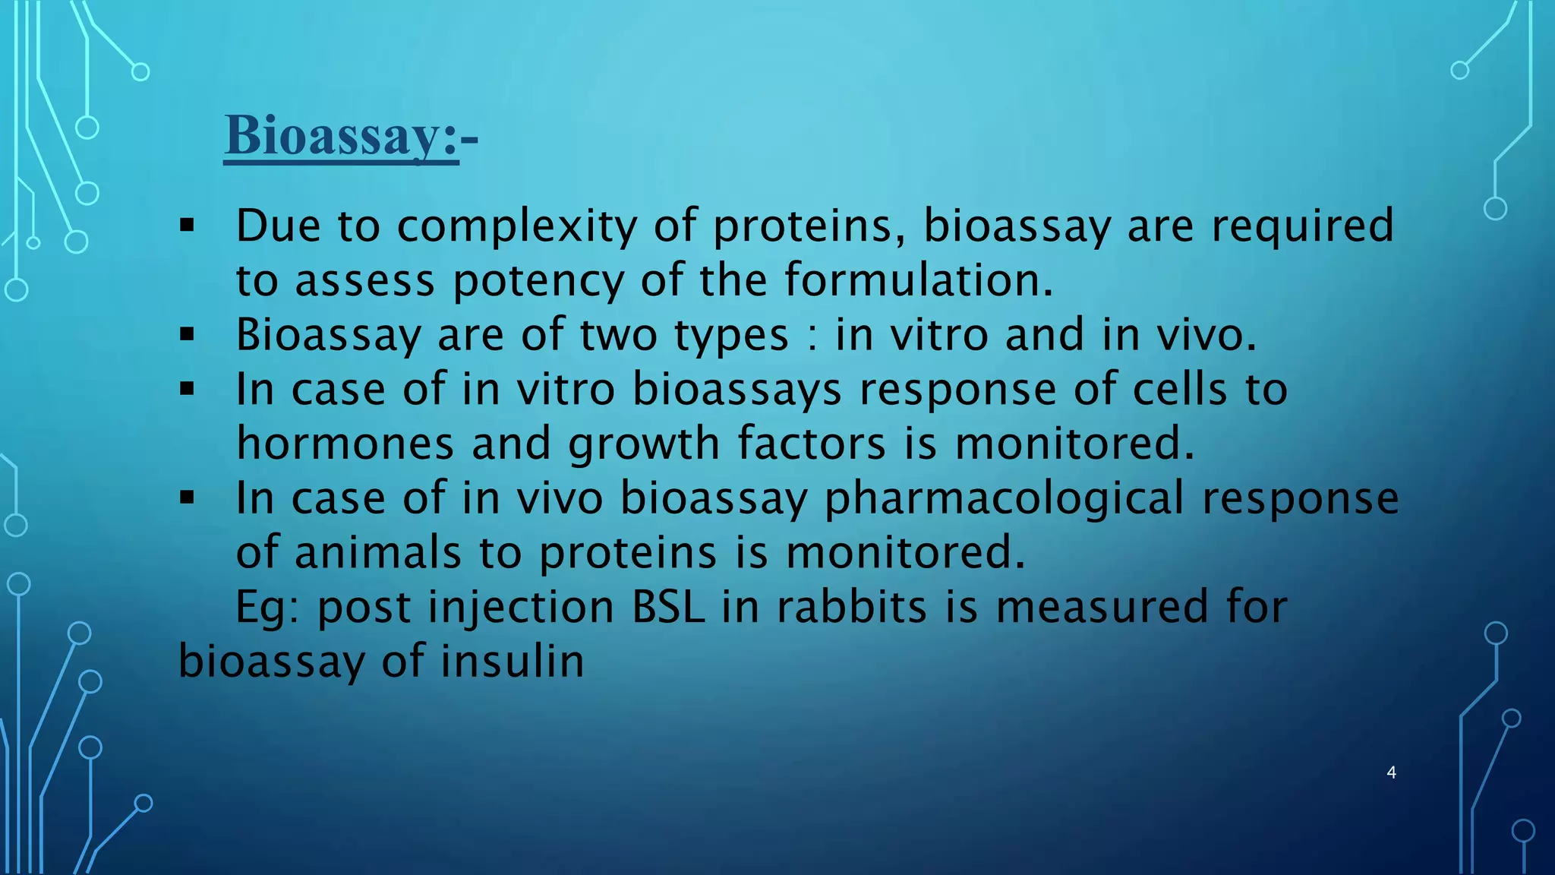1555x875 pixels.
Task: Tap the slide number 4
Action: pos(1391,772)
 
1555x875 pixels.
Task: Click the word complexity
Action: pos(516,226)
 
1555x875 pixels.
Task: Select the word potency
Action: pos(538,280)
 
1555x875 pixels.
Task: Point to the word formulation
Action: pos(918,280)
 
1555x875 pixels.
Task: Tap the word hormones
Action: pos(345,444)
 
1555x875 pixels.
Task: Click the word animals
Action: pos(377,552)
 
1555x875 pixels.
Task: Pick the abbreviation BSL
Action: pos(668,608)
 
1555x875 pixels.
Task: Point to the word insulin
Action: pos(513,661)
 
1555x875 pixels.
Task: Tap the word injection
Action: pos(521,608)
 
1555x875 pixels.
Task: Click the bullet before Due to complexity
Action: pos(188,226)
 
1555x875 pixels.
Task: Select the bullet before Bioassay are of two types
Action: pos(188,334)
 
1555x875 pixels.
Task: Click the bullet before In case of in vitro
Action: pos(188,390)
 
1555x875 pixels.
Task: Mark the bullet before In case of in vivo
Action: pos(188,498)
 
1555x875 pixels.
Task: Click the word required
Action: pos(1302,226)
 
